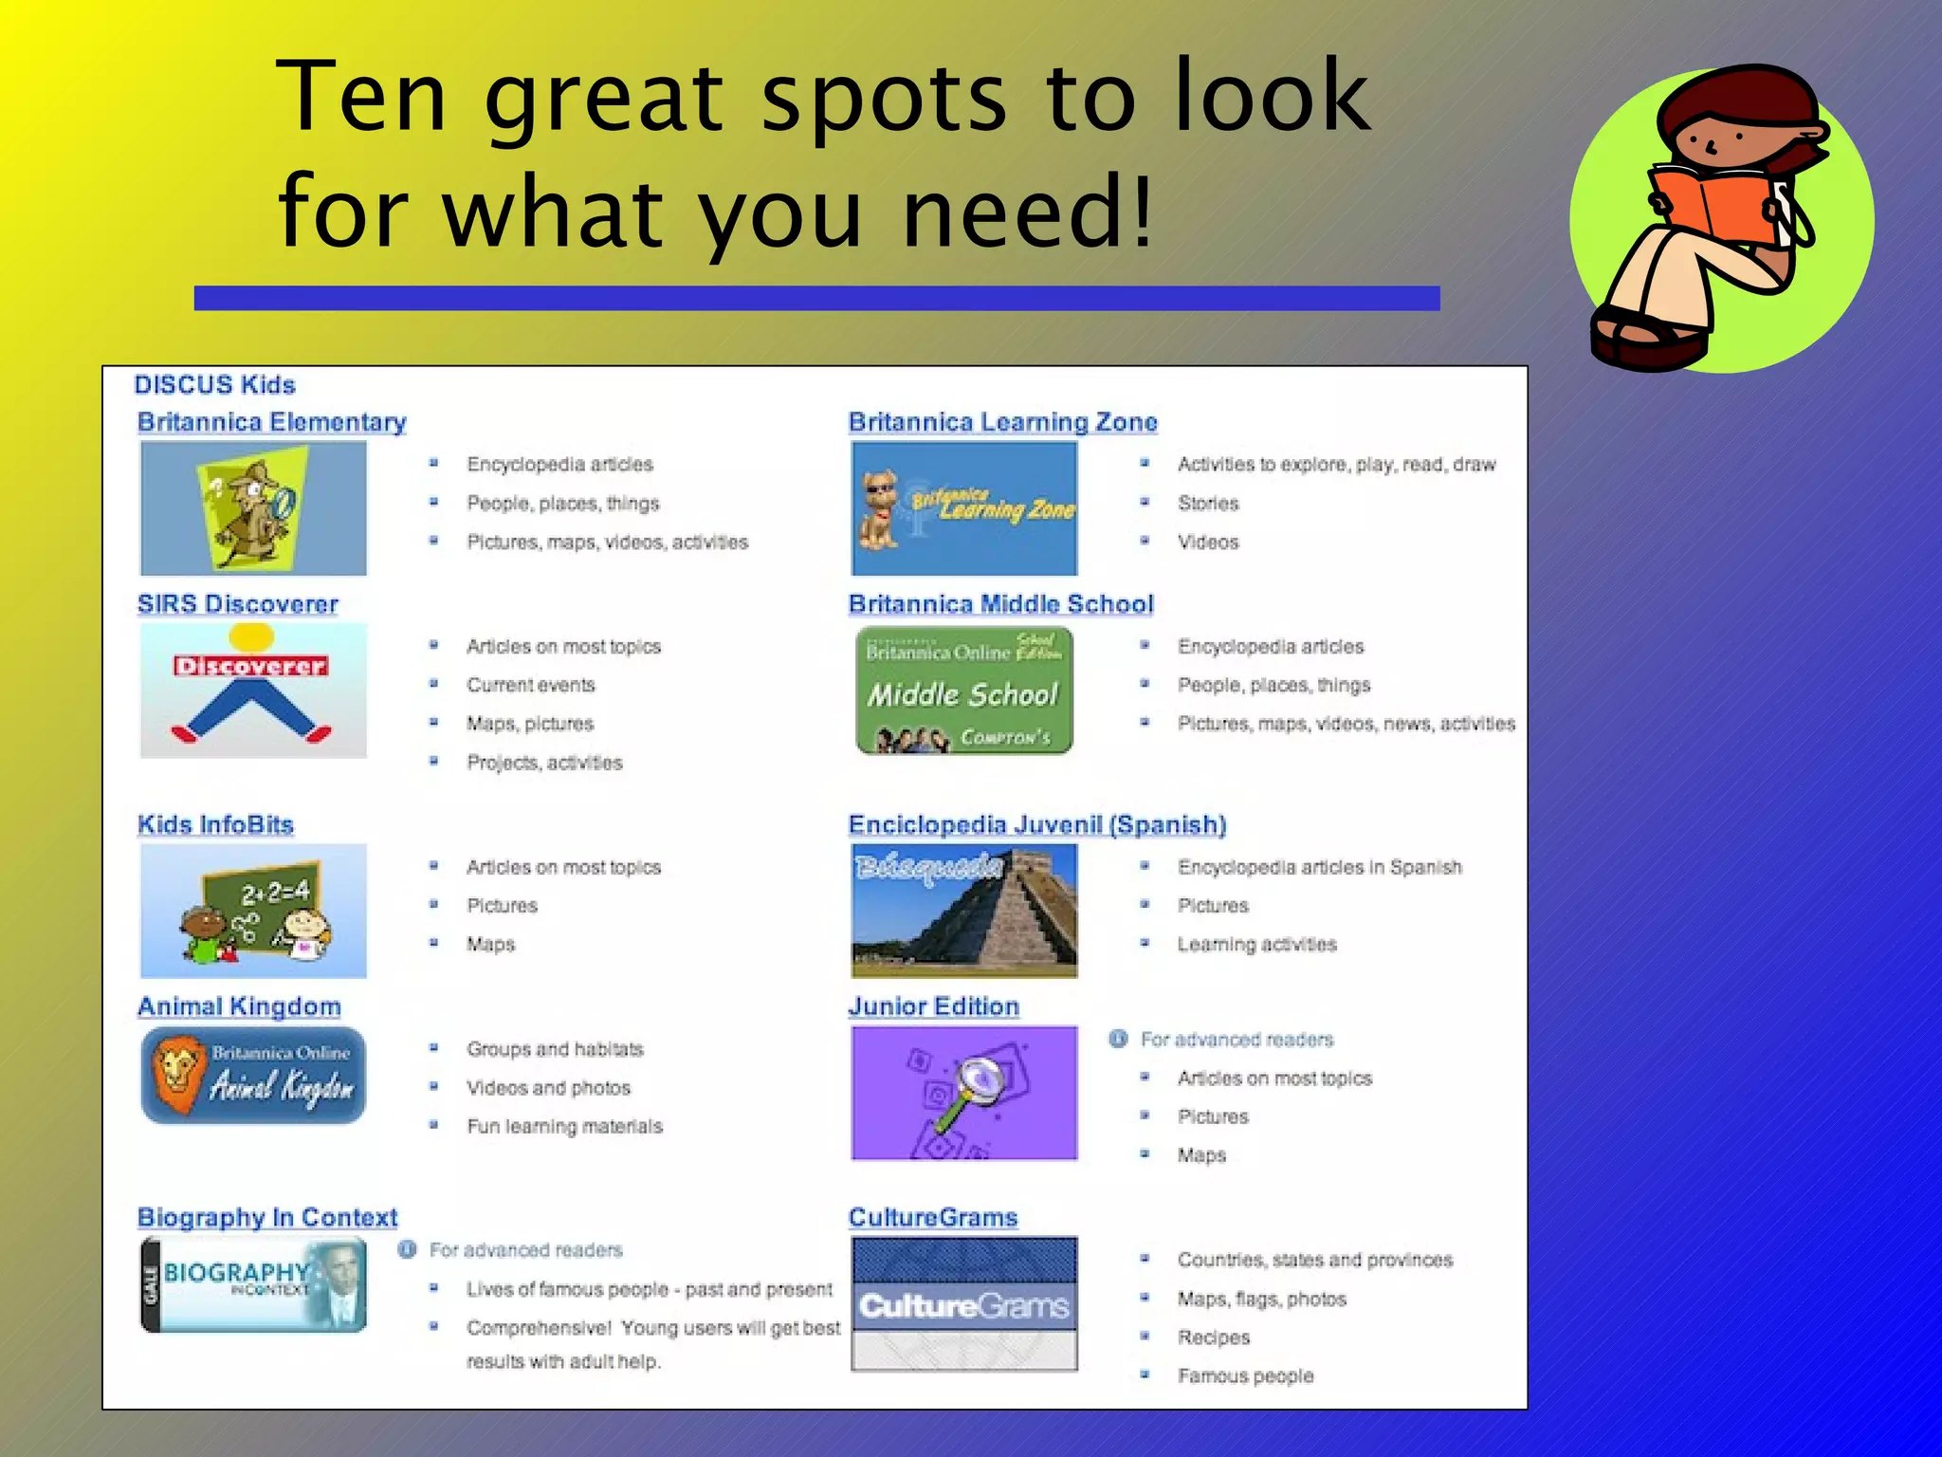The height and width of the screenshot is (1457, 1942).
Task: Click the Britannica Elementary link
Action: tap(271, 422)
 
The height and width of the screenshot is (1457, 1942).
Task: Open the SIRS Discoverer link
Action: tap(237, 604)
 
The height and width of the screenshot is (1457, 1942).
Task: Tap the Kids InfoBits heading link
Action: tap(215, 824)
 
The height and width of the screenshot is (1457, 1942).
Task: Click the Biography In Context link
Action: tap(267, 1217)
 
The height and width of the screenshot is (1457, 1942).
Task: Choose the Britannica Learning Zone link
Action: tap(1002, 422)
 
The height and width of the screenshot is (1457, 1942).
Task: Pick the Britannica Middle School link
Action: tap(1000, 604)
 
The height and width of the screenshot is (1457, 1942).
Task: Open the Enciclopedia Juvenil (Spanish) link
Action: tap(1036, 824)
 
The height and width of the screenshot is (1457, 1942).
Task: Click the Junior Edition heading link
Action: tap(933, 1006)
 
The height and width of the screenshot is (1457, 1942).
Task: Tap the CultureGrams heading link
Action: tap(932, 1217)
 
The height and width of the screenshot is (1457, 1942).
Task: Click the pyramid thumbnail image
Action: tap(964, 911)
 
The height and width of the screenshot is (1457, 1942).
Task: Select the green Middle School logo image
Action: tap(964, 692)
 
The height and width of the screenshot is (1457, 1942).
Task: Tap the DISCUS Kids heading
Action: tap(214, 385)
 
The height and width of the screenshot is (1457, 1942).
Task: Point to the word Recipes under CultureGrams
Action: tap(1214, 1337)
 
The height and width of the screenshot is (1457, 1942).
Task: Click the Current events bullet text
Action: tap(530, 685)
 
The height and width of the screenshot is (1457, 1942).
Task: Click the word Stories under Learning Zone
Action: tap(1208, 504)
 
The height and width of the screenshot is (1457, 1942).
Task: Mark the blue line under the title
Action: tap(816, 299)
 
